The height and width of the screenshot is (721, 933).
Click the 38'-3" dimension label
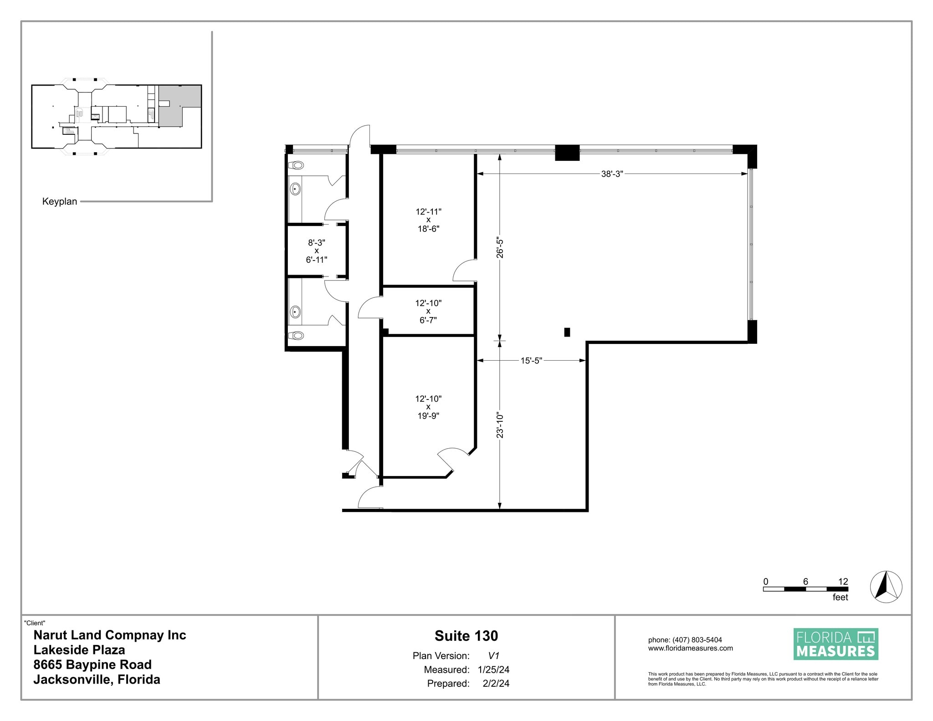[x=612, y=174]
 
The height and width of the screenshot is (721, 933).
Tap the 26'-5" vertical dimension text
[x=500, y=247]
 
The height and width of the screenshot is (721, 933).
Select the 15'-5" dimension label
[x=531, y=361]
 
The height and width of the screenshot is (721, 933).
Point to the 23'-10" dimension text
[x=500, y=425]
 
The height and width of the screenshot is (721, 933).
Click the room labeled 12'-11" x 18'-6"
[x=428, y=220]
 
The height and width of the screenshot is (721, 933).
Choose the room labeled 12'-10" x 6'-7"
[x=428, y=311]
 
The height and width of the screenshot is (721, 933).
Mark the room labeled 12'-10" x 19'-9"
[x=428, y=407]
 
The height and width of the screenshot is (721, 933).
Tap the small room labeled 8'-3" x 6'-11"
[x=316, y=251]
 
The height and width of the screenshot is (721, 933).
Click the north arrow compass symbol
[x=886, y=587]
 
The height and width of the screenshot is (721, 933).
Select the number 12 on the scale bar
[x=843, y=582]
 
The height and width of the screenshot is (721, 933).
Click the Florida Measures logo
[x=836, y=644]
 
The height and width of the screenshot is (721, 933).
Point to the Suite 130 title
[x=466, y=636]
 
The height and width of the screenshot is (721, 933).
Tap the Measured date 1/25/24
[x=493, y=670]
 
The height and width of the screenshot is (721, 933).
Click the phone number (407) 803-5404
[x=697, y=640]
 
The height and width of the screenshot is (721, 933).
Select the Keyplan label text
[x=60, y=201]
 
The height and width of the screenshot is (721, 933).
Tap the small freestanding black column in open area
[x=567, y=332]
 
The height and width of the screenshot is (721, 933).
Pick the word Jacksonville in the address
[x=72, y=680]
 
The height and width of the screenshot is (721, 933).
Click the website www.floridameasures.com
[x=690, y=648]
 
